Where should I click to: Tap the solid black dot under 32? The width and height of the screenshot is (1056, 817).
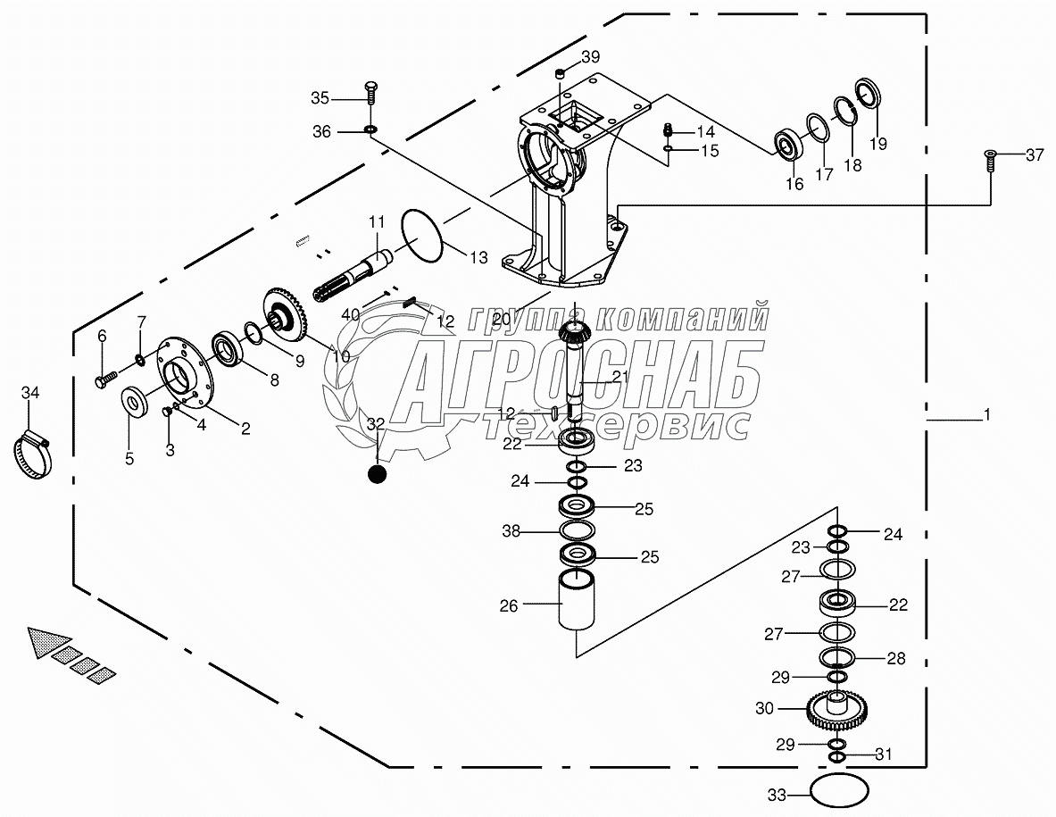point(377,474)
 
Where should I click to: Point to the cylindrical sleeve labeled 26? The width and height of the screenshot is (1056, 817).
point(576,603)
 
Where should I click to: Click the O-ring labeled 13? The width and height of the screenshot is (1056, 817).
point(422,237)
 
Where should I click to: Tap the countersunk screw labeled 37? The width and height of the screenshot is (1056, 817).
point(989,159)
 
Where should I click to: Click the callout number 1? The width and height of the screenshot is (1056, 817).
point(986,415)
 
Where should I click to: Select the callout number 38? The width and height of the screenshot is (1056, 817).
point(511,531)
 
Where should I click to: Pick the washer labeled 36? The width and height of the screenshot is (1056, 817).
point(370,131)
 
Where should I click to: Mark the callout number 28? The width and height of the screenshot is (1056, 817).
point(895,659)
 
